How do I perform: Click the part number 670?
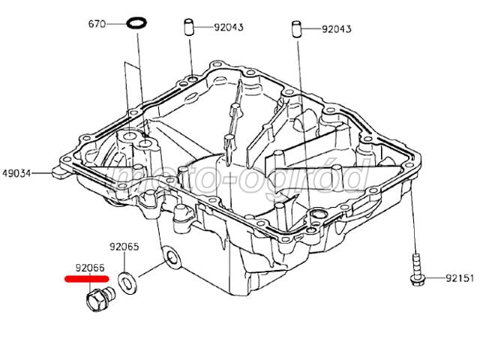tap(97, 24)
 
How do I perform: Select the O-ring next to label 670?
tap(136, 24)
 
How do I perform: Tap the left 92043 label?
tap(228, 28)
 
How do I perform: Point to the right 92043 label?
tap(336, 30)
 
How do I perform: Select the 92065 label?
tap(124, 245)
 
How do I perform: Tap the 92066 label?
tap(89, 266)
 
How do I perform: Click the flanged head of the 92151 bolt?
tap(415, 279)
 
